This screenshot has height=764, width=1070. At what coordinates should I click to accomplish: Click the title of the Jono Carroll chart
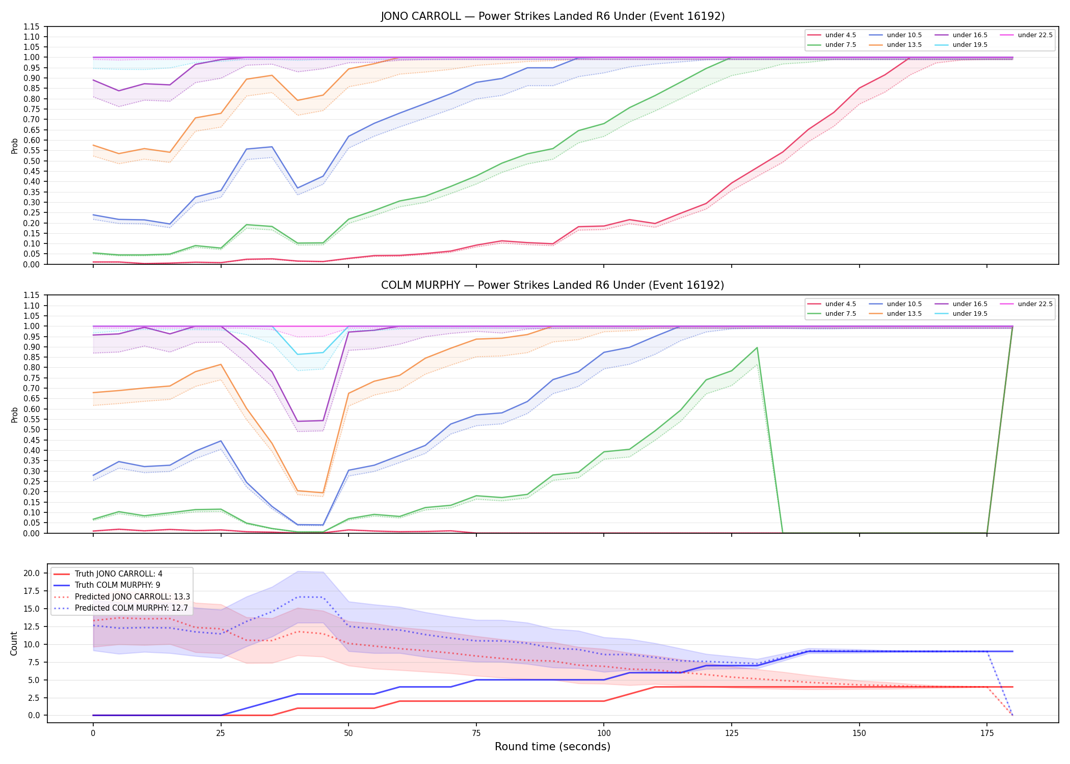pos(553,16)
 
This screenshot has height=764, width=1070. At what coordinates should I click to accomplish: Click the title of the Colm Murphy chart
pos(553,285)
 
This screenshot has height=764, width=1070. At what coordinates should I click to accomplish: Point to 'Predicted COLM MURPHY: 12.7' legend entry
pos(121,608)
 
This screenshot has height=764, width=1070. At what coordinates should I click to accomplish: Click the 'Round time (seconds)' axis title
pos(552,747)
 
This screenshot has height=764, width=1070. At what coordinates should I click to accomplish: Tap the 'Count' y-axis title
pos(14,643)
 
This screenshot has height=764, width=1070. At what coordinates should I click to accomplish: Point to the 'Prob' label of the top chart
pos(15,146)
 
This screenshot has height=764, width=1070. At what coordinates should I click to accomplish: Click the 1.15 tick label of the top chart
pos(33,26)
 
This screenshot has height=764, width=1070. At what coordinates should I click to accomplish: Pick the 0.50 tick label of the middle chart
pos(33,429)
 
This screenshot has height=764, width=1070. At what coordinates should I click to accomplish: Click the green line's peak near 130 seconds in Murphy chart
pos(757,348)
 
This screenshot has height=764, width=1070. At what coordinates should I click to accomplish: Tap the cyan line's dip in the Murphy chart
pos(298,354)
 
